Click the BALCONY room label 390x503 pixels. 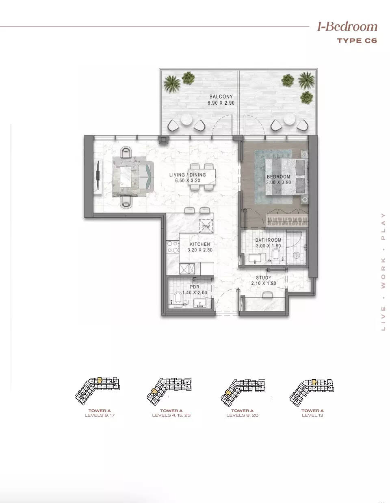tap(221, 97)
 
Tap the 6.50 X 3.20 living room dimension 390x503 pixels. tap(188, 181)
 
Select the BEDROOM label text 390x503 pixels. tap(278, 177)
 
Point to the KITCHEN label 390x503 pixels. tap(200, 244)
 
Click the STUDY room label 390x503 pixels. tap(264, 277)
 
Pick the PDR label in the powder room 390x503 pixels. tap(195, 287)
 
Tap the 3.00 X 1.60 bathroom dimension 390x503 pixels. tap(268, 246)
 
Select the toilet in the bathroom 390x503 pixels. tap(276, 256)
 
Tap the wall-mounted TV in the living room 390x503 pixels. tap(98, 175)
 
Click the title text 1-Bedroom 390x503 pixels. tap(347, 27)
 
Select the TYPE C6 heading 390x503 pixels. tap(357, 40)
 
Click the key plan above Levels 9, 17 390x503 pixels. tap(98, 389)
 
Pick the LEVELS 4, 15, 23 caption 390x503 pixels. tap(171, 415)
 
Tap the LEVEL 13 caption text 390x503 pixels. tap(312, 415)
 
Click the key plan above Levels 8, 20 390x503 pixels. tap(243, 390)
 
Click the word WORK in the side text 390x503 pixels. tap(383, 273)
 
